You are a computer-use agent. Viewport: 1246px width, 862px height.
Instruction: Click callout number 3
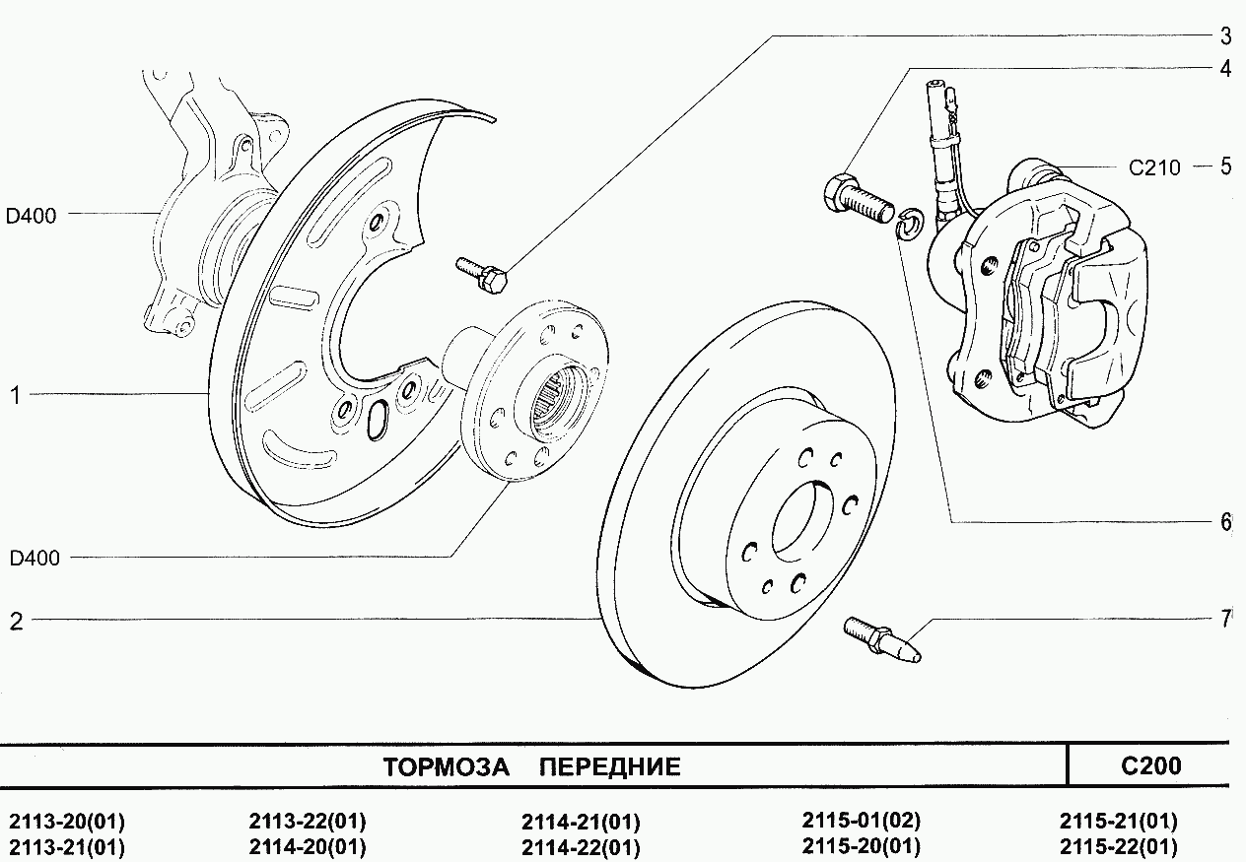coord(1225,37)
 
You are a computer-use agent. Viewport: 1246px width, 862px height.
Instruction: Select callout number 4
coord(1225,70)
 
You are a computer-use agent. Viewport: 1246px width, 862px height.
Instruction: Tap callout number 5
coord(1225,166)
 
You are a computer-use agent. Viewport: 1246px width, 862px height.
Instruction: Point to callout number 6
coord(1225,522)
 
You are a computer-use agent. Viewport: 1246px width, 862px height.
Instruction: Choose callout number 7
coord(1225,619)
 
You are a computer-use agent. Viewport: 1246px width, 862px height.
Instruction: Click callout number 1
coord(16,395)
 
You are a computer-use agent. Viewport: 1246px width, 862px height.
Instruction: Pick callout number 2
coord(16,621)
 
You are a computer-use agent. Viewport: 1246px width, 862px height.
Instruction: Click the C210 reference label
coord(1154,167)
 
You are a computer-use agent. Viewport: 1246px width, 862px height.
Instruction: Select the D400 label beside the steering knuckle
coord(32,215)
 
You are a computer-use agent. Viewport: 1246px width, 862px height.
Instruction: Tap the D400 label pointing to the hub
coord(35,559)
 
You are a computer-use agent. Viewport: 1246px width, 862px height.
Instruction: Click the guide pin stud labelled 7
coord(882,639)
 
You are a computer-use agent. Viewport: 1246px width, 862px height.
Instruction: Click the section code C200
coord(1150,765)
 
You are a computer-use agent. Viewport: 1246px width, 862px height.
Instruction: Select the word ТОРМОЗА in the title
coord(446,767)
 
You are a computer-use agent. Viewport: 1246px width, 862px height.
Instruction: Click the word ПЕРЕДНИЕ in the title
coord(611,767)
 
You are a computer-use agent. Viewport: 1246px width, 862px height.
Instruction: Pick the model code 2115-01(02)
coord(862,822)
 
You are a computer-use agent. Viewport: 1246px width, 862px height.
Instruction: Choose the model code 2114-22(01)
coord(581,847)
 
